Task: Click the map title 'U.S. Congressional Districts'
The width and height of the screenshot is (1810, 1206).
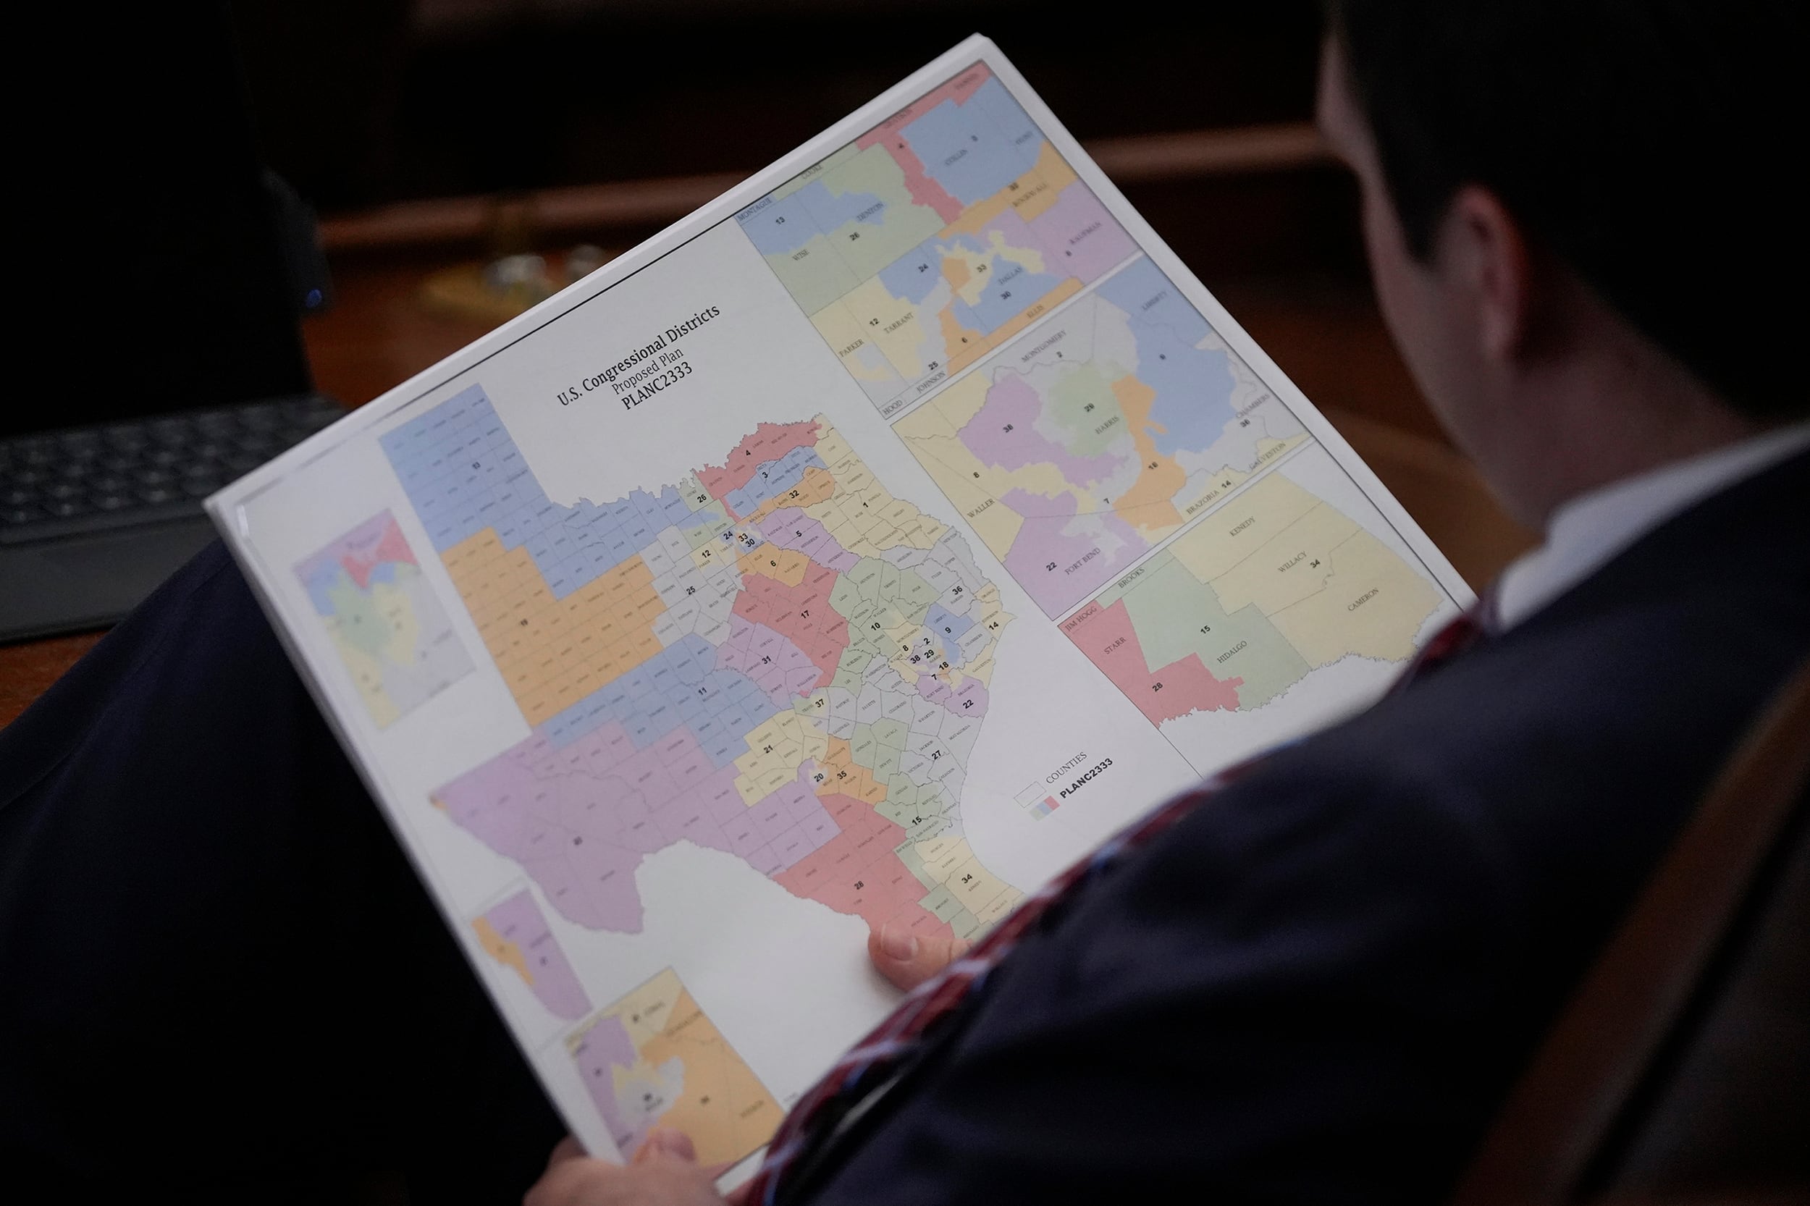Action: click(638, 355)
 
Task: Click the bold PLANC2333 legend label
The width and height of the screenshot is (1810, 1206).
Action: click(1085, 780)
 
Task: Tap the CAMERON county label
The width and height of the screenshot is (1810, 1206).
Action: click(1363, 600)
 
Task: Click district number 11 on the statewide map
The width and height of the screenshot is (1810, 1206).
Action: click(702, 691)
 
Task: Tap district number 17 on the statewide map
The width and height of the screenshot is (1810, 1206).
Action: click(804, 614)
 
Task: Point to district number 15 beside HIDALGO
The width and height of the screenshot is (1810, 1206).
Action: click(1205, 630)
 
